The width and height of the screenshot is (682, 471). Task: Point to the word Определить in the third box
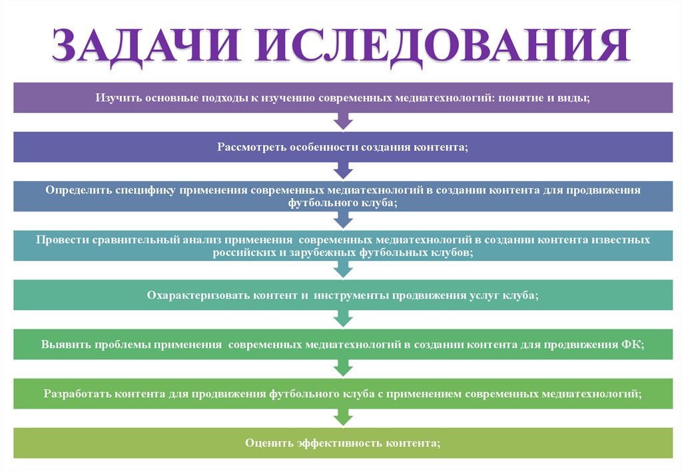[x=78, y=190]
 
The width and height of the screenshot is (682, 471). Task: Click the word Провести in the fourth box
[x=62, y=239]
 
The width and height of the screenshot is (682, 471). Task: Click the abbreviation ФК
[x=632, y=345]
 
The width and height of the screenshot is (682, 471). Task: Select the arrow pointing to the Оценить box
[x=342, y=416]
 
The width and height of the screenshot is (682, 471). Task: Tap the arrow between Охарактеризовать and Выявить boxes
[x=342, y=319]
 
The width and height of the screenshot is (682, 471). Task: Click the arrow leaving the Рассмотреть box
[x=342, y=171]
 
